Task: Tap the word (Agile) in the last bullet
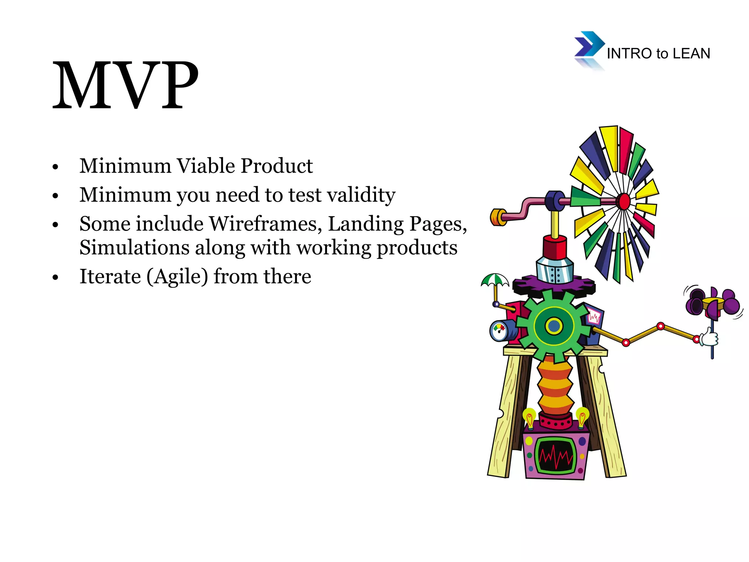pyautogui.click(x=177, y=277)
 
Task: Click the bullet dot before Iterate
pyautogui.click(x=55, y=278)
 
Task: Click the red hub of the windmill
pyautogui.click(x=624, y=201)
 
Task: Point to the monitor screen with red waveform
pyautogui.click(x=556, y=456)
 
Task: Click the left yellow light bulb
pyautogui.click(x=529, y=417)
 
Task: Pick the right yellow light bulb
pyautogui.click(x=582, y=416)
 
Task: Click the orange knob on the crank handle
pyautogui.click(x=497, y=217)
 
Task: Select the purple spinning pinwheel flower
pyautogui.click(x=712, y=302)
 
